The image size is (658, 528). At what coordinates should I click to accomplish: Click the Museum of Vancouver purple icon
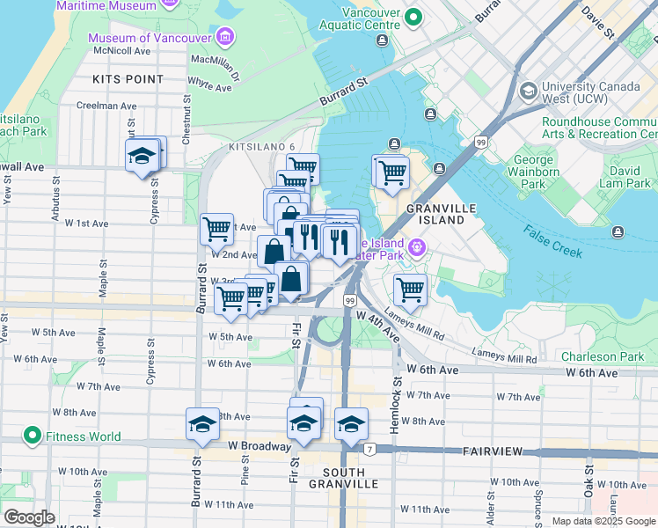click(225, 38)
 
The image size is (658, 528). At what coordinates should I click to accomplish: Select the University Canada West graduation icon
click(528, 92)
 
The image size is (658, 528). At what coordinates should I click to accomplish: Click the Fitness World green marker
click(32, 436)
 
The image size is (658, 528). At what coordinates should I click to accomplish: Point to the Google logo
click(29, 517)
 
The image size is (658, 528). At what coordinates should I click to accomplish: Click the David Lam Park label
click(631, 175)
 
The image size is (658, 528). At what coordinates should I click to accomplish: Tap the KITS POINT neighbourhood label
click(128, 79)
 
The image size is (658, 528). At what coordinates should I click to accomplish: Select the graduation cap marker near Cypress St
click(141, 157)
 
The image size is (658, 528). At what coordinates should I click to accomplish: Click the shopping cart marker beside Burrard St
click(216, 230)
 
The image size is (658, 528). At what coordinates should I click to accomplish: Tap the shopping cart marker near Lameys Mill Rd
click(410, 289)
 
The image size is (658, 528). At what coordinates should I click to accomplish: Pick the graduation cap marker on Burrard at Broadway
click(201, 425)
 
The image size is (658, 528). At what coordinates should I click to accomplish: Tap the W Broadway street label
click(259, 446)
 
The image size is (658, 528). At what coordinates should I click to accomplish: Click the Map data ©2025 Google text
click(603, 520)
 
